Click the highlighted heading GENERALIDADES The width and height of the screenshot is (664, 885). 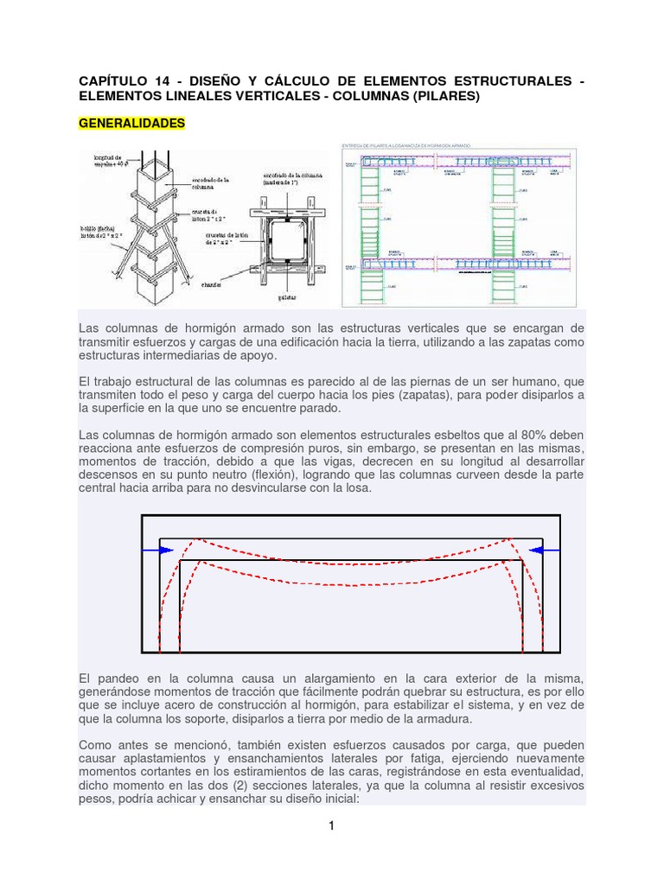click(x=131, y=124)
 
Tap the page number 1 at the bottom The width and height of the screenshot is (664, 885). click(x=331, y=825)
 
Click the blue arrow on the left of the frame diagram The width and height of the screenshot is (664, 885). click(x=160, y=550)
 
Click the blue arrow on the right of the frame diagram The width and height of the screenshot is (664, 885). click(x=542, y=550)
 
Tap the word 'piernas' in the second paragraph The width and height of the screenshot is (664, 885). click(x=428, y=381)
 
